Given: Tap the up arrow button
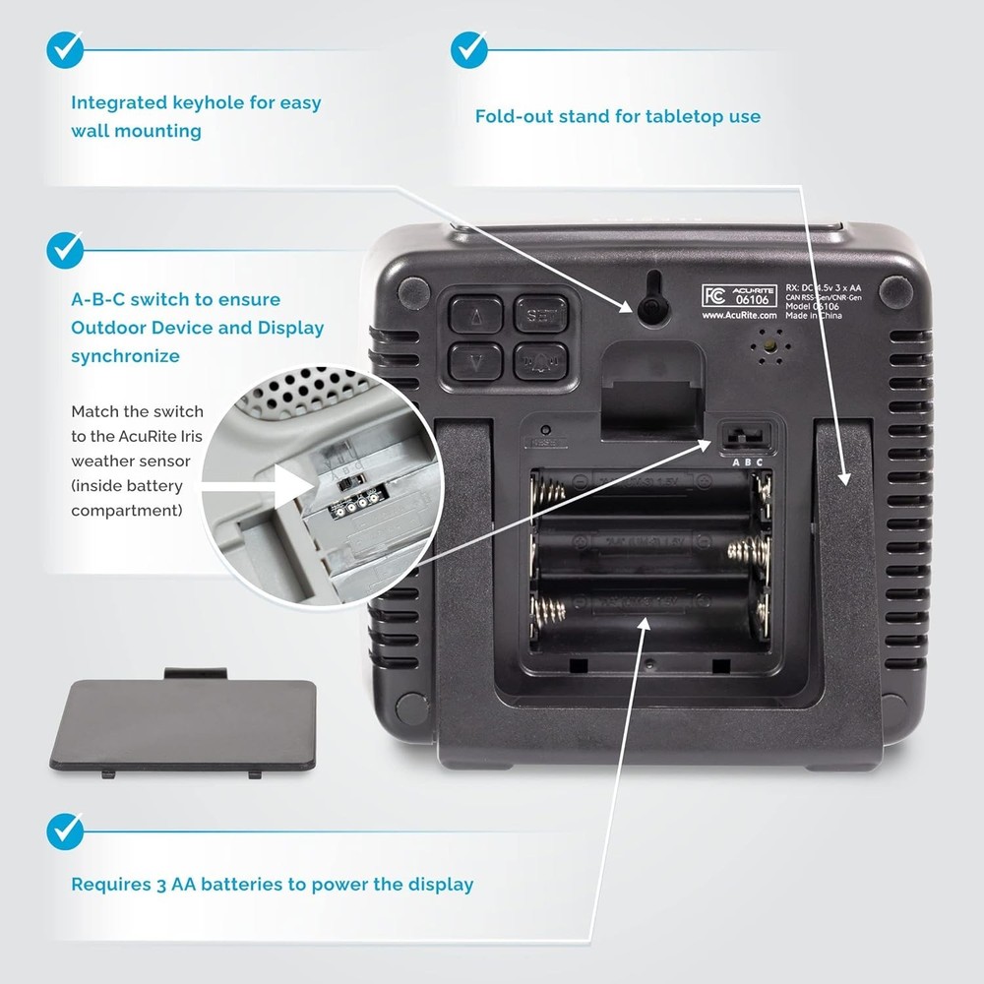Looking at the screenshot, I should [x=476, y=316].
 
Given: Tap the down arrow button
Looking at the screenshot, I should [x=476, y=361].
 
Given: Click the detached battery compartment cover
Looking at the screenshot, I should [x=183, y=724].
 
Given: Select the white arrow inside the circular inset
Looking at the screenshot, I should [x=299, y=484].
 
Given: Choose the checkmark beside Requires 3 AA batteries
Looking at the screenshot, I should [x=65, y=831].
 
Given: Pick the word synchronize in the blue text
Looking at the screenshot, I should [x=125, y=356].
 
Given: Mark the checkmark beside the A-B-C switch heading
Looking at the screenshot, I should [x=65, y=249].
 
